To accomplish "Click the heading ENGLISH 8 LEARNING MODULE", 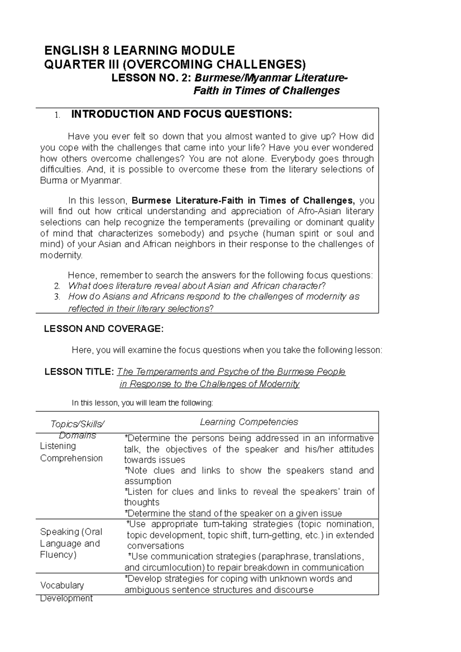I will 139,50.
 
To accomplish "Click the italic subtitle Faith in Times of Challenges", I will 266,91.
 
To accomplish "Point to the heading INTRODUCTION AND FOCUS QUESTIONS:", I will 181,114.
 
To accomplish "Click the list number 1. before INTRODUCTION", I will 57,115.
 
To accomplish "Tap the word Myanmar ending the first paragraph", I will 105,181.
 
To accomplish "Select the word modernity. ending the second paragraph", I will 61,255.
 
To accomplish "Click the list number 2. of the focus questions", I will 57,286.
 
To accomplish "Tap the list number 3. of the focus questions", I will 57,297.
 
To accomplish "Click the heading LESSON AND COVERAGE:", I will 104,329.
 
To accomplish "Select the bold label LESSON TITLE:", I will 79,372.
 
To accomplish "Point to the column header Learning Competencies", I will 249,422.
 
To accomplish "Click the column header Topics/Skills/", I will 78,424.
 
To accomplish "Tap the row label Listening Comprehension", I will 71,452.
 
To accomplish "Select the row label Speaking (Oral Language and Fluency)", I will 71,543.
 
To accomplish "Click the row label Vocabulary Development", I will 66,591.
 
